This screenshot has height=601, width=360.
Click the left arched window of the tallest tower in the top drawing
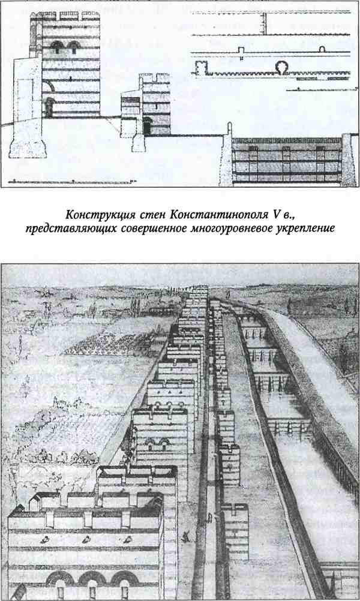click(57, 46)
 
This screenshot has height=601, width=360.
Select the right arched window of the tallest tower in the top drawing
click(74, 46)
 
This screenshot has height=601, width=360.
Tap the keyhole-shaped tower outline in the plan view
click(284, 68)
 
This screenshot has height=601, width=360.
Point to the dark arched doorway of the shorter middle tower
click(148, 126)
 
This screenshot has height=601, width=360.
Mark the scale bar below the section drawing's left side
click(73, 181)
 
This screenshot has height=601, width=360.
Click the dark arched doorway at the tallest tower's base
click(49, 107)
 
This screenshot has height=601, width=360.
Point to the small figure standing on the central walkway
click(209, 518)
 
